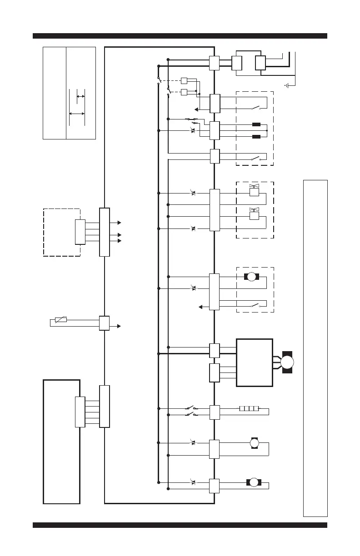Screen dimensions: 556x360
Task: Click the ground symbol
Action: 287,85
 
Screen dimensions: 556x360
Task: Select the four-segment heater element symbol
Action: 249,408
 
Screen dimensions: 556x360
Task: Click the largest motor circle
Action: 287,362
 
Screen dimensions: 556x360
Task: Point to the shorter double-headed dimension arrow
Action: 80,96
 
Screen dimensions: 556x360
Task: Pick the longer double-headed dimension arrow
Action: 76,114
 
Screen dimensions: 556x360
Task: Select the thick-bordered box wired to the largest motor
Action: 255,362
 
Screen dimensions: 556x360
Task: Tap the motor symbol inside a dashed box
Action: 251,277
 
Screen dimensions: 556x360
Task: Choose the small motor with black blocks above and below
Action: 255,443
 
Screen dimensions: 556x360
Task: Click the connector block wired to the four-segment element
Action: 215,412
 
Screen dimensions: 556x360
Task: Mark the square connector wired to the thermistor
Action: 104,323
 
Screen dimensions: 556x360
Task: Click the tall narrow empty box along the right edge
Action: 315,348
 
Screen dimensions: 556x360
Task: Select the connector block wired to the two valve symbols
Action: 215,210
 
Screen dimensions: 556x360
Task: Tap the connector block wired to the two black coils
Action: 215,130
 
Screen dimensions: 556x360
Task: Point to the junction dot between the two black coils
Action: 267,130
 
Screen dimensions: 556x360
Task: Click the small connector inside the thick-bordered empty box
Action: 80,412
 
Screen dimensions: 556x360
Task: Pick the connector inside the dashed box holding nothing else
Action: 80,232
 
